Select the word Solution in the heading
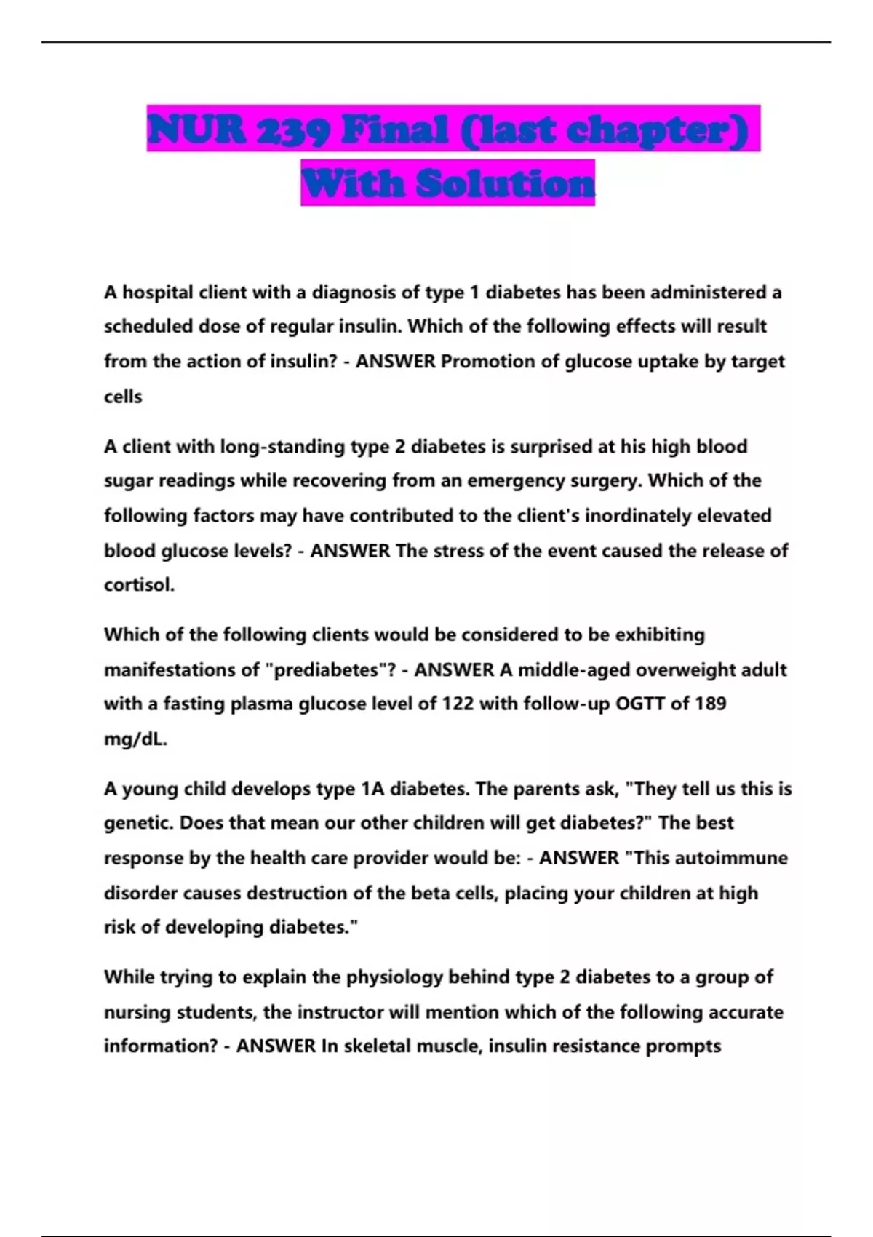(506, 183)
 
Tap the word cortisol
(138, 585)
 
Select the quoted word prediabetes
(329, 669)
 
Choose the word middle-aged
(576, 669)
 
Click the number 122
(458, 704)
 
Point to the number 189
(710, 704)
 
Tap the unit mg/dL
(135, 739)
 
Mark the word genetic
(138, 823)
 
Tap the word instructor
(340, 1012)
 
